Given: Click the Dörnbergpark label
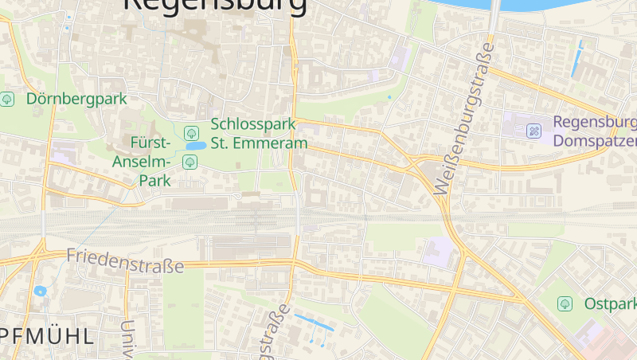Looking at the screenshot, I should coord(76,100).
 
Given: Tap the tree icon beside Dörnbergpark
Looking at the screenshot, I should coord(7,100).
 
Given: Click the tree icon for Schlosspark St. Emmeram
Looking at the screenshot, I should coord(190,133).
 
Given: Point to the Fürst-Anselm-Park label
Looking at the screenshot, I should coord(150,162).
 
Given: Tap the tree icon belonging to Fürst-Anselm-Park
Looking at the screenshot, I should coord(190,162).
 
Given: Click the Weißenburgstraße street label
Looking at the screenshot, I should coord(465,119).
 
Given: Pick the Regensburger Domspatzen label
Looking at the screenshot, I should coord(594,131).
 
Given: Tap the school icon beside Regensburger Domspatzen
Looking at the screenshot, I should coord(534,130).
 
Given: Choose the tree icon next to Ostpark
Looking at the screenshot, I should coord(565,303).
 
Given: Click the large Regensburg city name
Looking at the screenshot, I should coord(215,6).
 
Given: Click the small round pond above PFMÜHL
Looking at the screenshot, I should coord(40,291).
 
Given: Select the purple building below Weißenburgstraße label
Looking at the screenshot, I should coord(437,253).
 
